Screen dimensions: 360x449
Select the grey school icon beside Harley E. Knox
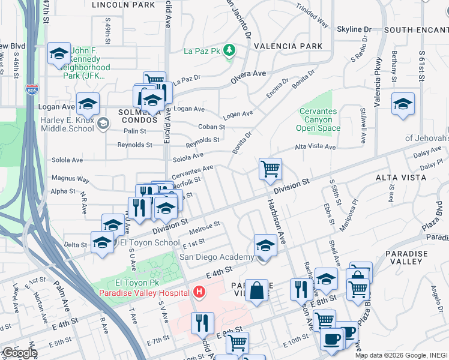(x=103, y=124)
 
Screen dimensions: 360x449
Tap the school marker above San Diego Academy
(x=265, y=244)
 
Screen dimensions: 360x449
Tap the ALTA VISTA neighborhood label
(x=400, y=178)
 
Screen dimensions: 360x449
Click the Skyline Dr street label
(x=358, y=29)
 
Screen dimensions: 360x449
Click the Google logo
(x=20, y=353)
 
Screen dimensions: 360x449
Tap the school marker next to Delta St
(x=102, y=242)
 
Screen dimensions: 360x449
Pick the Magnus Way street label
(x=70, y=179)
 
